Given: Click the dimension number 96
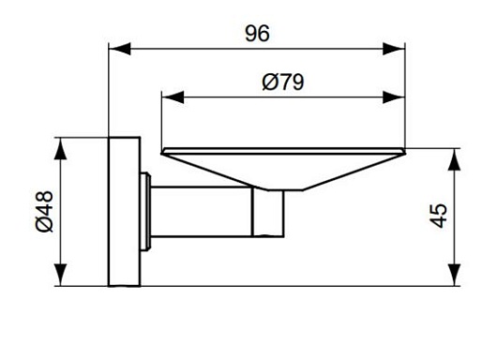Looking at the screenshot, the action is pos(257,33).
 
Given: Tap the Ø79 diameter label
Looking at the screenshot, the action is pos(283,82).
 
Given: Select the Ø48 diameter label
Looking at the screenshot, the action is pos(44,211).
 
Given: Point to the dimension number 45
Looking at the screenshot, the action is pos(439,216).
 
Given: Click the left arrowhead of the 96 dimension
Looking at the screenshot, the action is pos(119,49).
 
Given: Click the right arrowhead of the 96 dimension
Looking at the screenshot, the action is pos(394,49).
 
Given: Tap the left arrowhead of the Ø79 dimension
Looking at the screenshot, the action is pos(173,97).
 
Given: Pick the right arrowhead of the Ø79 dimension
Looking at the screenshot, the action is pos(394,97).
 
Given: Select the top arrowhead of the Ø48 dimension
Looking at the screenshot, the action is pos(60,149).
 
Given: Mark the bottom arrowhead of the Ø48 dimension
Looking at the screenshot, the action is pos(60,275).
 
